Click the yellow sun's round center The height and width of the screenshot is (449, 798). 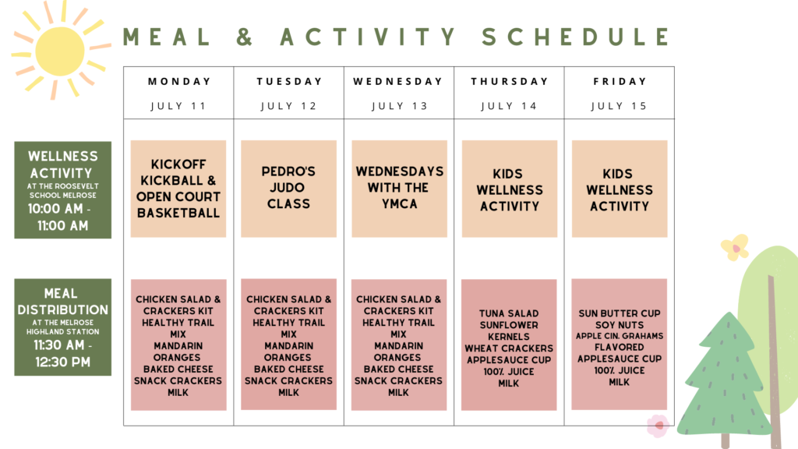[x=60, y=51]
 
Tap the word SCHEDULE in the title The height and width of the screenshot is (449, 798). [x=577, y=37]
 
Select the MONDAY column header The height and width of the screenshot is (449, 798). [x=179, y=81]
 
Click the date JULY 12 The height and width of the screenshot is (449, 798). [x=288, y=106]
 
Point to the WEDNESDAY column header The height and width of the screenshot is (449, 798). [x=398, y=81]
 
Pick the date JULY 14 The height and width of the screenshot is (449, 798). [x=509, y=106]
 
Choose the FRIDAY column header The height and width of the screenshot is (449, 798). [x=620, y=81]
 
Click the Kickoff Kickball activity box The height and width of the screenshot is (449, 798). [x=178, y=189]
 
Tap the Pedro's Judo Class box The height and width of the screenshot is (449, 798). [x=288, y=189]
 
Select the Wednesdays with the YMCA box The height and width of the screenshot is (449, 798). [x=400, y=189]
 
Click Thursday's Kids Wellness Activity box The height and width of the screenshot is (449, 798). [x=510, y=189]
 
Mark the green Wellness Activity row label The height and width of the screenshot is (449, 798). [x=62, y=190]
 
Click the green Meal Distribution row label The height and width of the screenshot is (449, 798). [x=62, y=327]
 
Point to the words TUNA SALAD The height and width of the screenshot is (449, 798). [x=508, y=313]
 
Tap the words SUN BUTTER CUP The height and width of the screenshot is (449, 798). [x=620, y=313]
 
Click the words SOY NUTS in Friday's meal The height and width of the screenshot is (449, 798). [x=620, y=325]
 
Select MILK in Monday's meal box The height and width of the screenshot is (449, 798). [x=178, y=393]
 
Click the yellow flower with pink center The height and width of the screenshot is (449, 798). [x=736, y=248]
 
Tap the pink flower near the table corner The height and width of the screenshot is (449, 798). [x=659, y=426]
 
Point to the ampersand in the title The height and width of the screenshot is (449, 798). [x=244, y=37]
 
